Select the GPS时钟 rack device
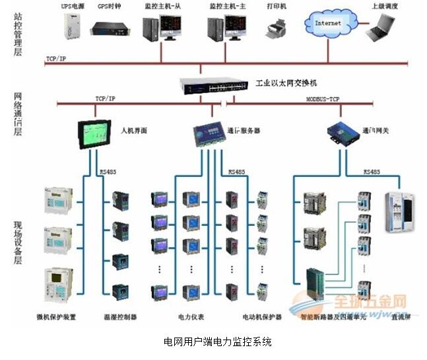pyautogui.click(x=109, y=28)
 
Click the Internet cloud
pyautogui.click(x=329, y=24)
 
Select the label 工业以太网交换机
pyautogui.click(x=286, y=84)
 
